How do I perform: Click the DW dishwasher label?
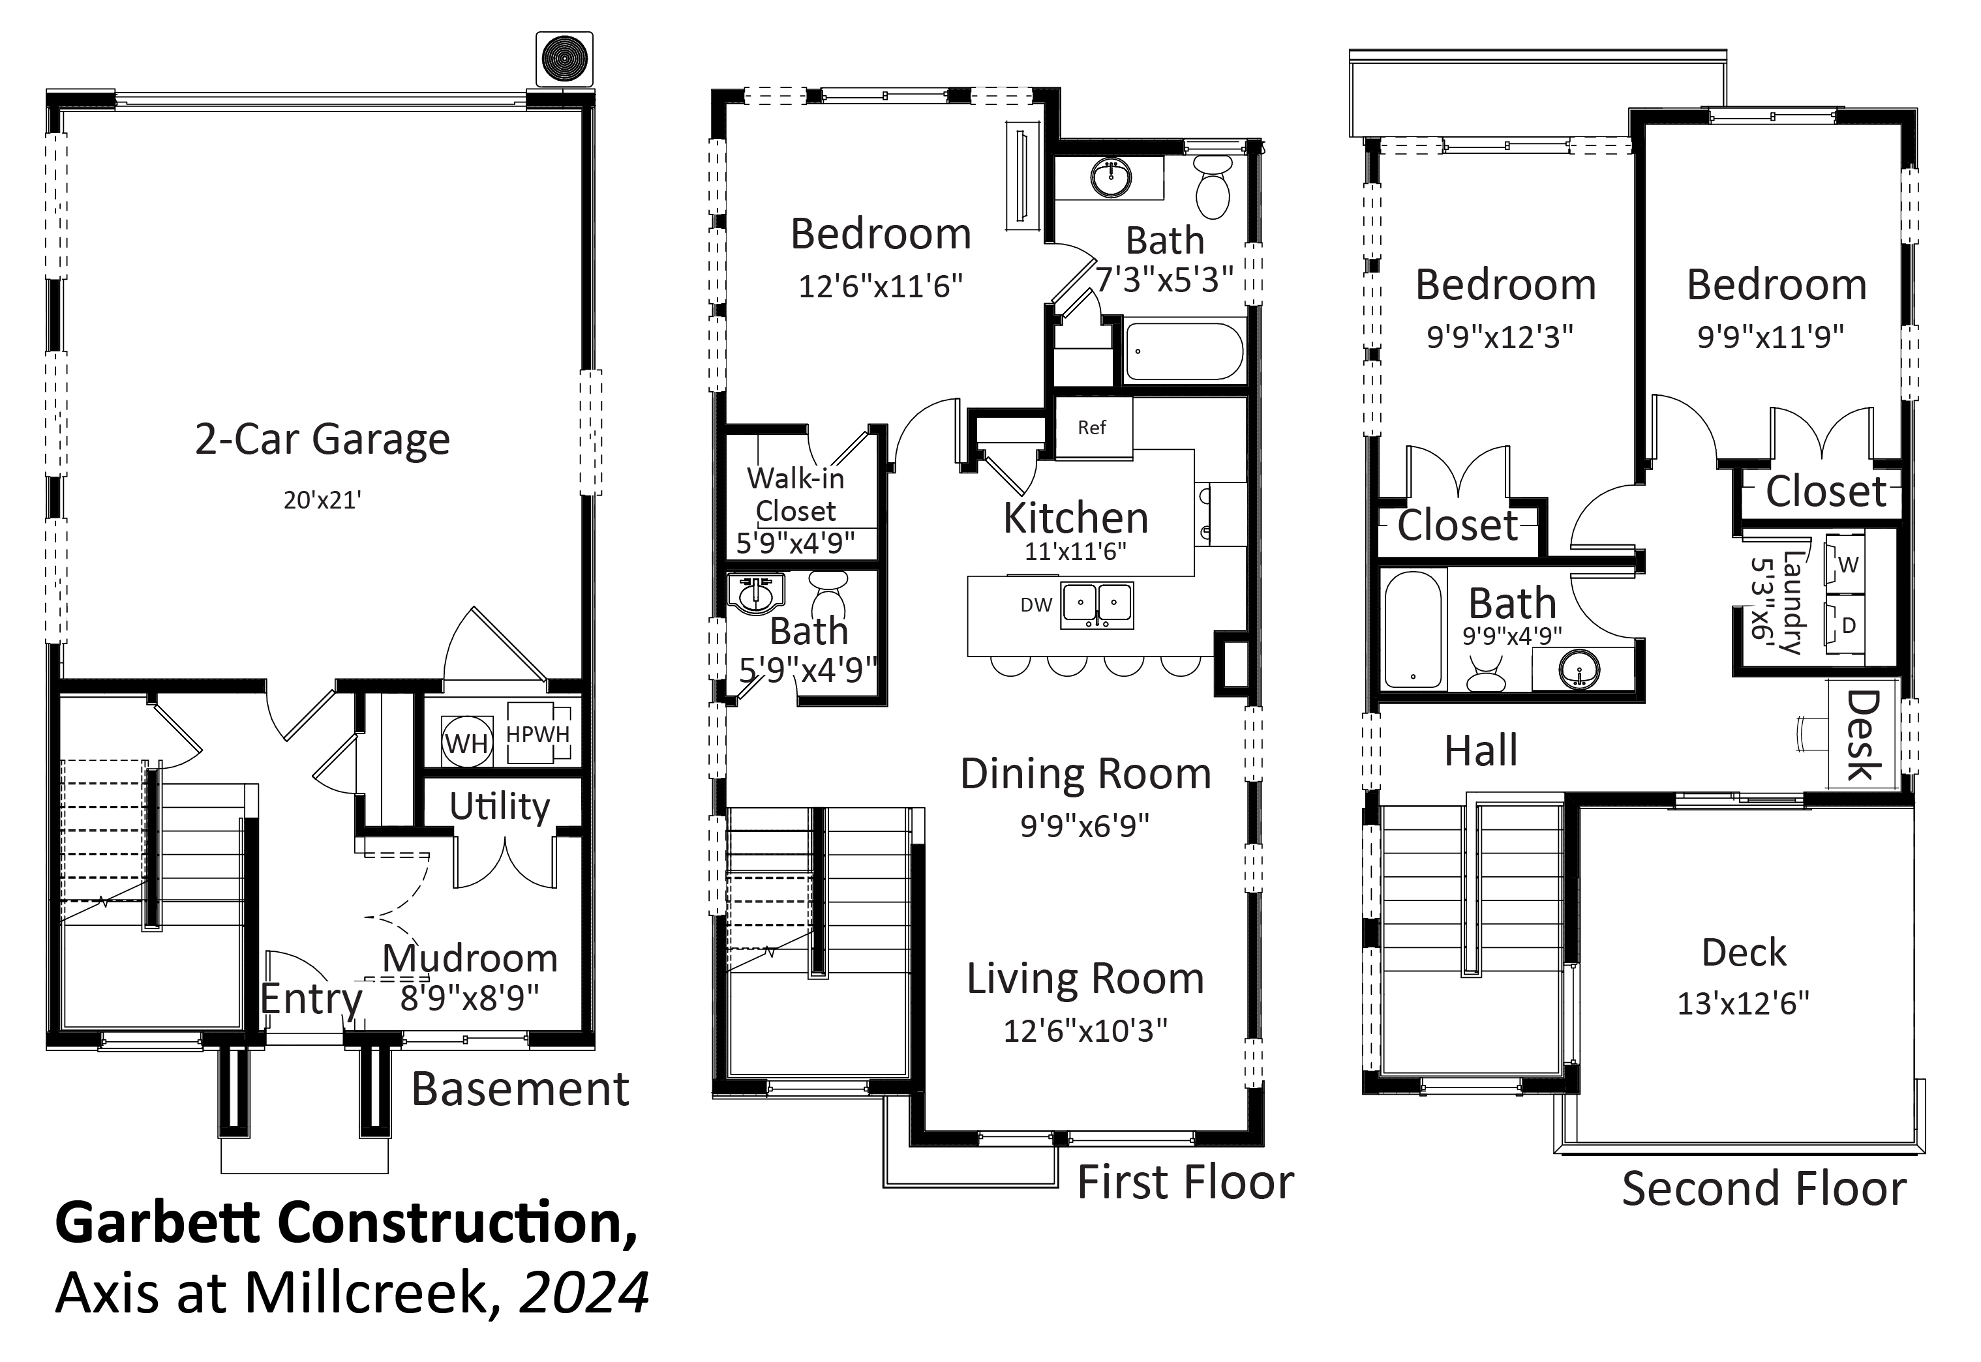pos(1036,605)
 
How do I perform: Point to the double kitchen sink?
pos(1098,606)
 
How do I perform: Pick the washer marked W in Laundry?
pos(1845,564)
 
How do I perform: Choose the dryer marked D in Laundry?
pos(1845,625)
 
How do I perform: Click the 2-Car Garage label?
pos(323,439)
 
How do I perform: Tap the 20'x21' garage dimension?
pos(323,500)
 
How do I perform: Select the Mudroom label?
pos(470,958)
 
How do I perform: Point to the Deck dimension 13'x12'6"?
pos(1744,1003)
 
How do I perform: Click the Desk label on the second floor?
pos(1863,735)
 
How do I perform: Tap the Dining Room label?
pos(1085,774)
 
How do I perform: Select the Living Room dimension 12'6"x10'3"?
pos(1085,1031)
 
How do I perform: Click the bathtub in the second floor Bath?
pos(1413,630)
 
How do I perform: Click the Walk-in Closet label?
pos(796,494)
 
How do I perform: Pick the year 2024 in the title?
pos(584,1294)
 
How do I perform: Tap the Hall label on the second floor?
pos(1481,751)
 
